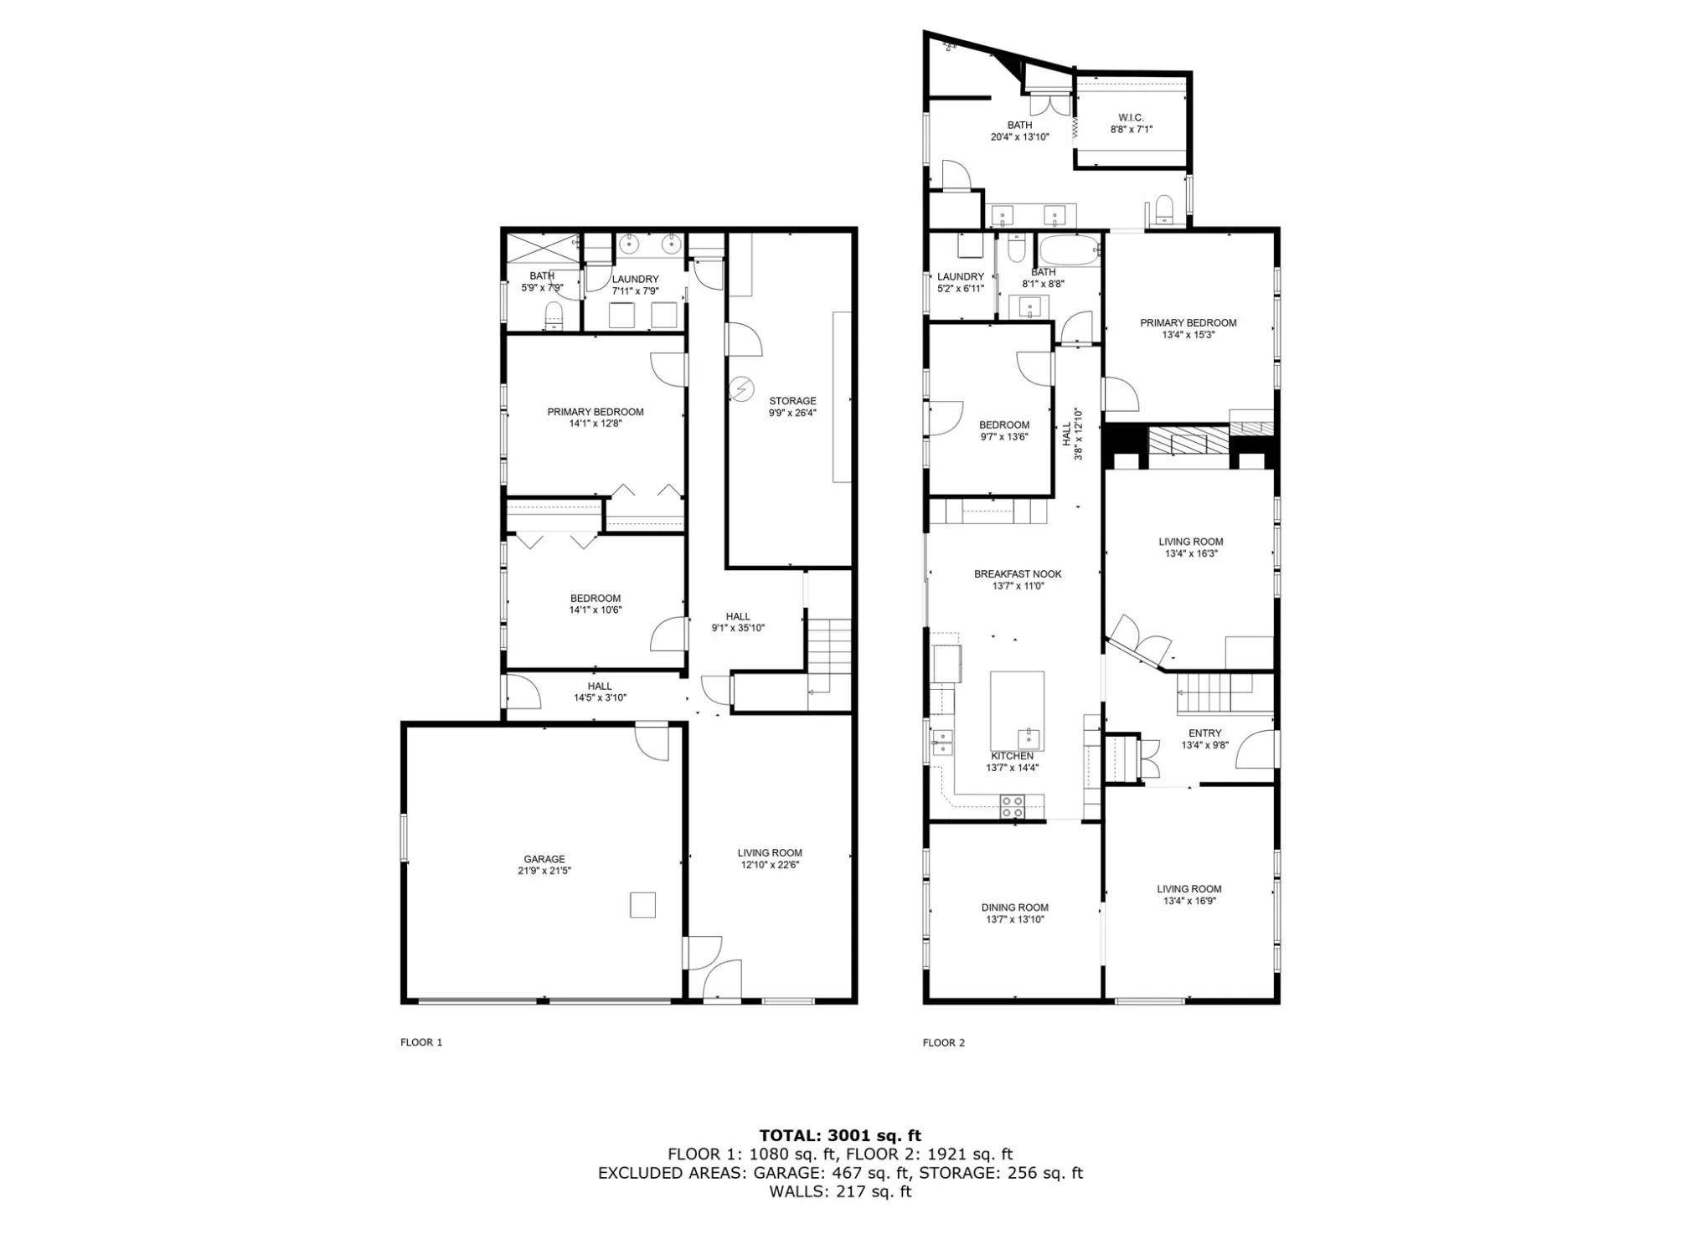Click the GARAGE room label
(x=544, y=859)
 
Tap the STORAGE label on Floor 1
(x=792, y=401)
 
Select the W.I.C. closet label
(x=1131, y=118)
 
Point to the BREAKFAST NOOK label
(x=1018, y=574)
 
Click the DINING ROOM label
(x=1015, y=908)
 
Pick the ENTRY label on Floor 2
(x=1205, y=733)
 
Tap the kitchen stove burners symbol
(x=1012, y=807)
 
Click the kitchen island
(x=1017, y=711)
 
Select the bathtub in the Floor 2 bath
(x=1070, y=250)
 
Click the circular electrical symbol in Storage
(x=740, y=388)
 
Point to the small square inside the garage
(x=642, y=905)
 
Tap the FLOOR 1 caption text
(x=421, y=1042)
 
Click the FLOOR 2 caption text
(x=944, y=1042)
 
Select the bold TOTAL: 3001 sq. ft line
(x=840, y=1136)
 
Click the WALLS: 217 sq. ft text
(x=840, y=1191)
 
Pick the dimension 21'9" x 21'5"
(x=544, y=871)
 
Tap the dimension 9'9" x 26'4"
(x=792, y=413)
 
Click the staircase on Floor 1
(x=829, y=661)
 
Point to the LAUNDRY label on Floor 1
(x=635, y=280)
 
